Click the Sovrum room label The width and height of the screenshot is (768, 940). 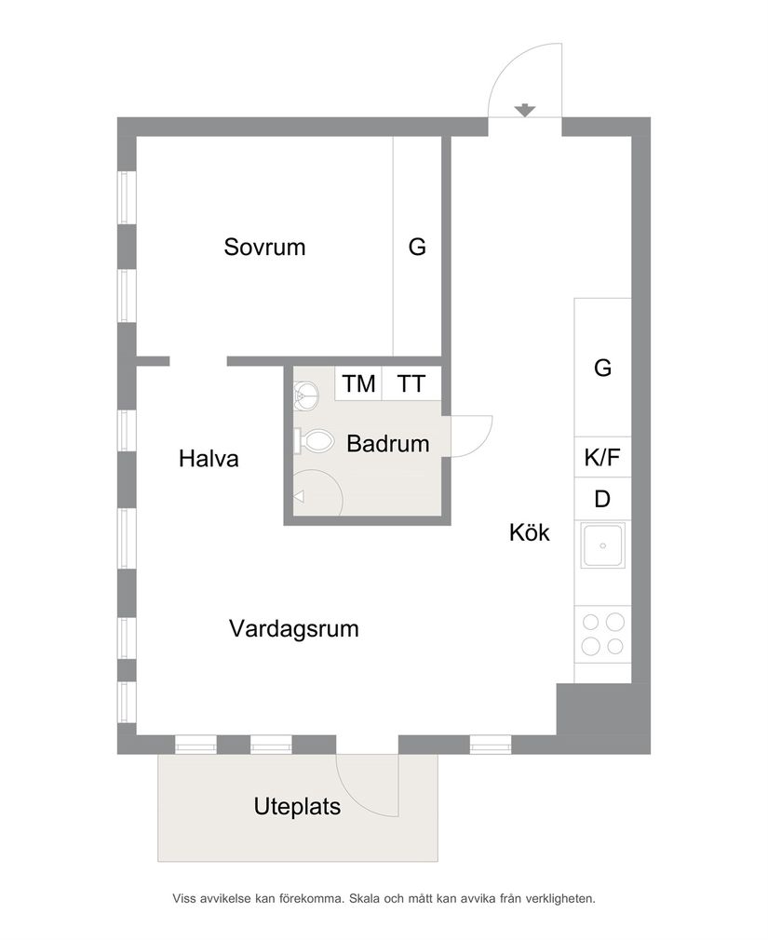coord(264,248)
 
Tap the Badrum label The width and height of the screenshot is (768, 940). coord(387,444)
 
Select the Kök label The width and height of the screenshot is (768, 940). coord(529,533)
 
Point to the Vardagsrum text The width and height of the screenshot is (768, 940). coord(294,629)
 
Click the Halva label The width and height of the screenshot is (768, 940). coord(209,459)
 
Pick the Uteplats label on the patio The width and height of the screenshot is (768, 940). coord(297,807)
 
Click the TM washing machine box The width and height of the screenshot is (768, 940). coord(359,383)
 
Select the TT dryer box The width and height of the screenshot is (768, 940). coord(411,383)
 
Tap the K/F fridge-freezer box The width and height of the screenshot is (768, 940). coord(602,457)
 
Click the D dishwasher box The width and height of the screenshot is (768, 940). coord(602,500)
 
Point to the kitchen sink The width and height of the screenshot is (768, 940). coord(602,545)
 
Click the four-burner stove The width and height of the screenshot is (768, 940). coord(602,634)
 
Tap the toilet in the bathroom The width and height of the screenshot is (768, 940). coord(314,440)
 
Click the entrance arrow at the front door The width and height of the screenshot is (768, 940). coord(526,110)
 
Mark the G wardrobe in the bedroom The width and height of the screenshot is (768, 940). coord(416,248)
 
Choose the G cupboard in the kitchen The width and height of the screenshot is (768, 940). coord(602,368)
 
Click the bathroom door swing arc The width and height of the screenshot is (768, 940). coord(475,436)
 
